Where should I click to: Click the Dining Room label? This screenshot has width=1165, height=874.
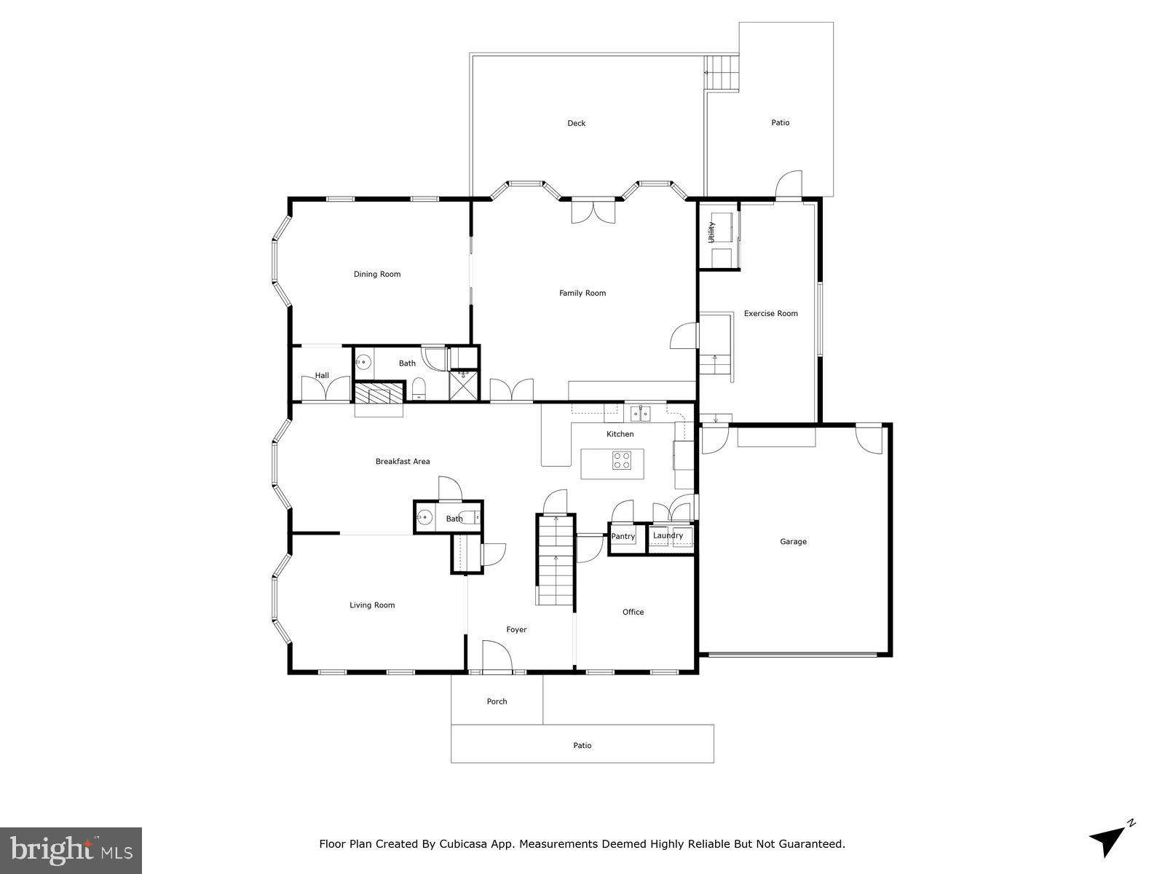coord(377,275)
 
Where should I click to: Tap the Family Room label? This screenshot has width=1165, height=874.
coord(582,294)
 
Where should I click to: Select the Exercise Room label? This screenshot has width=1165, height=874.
coord(770,314)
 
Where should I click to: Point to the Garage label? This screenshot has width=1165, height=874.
coord(793,542)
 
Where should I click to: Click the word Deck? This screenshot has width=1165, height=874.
coord(576,124)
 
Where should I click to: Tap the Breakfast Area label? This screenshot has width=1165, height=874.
coord(403,462)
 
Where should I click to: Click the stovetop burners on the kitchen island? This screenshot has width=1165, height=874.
coord(622,460)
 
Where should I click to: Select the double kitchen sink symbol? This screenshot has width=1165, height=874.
coord(640,414)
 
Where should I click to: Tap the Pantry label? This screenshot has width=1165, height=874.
coord(623,537)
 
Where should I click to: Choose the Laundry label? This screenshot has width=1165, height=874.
coord(668,536)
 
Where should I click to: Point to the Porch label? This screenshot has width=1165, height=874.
coord(497,702)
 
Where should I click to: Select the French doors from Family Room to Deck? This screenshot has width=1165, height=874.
coord(593,210)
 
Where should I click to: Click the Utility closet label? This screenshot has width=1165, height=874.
coord(712,232)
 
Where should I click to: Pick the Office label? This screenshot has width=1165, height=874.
coord(633,613)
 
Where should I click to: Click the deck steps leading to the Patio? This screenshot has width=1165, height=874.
coord(723,73)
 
